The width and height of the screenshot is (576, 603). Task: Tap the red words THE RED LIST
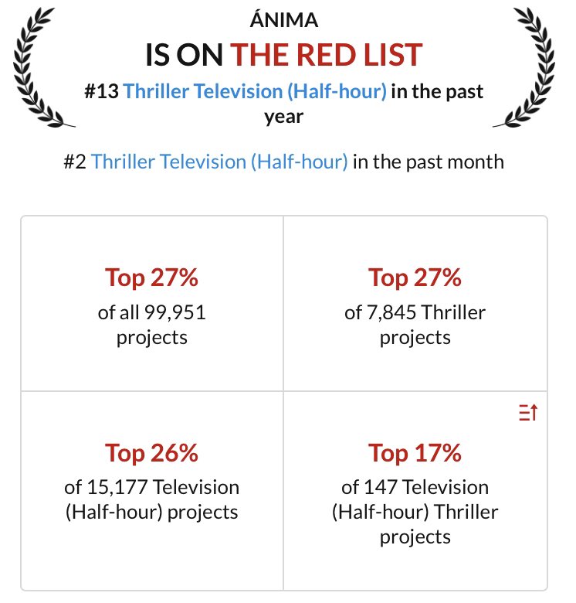pos(327,54)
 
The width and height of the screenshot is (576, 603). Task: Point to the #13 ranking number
pos(101,91)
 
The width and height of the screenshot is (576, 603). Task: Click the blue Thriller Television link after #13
pos(255,91)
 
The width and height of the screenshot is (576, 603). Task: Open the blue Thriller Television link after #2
pos(219,162)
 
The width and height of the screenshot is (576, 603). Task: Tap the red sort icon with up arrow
pos(528,414)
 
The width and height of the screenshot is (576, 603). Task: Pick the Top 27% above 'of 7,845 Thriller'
pos(415,278)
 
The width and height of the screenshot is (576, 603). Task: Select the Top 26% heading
pos(151,453)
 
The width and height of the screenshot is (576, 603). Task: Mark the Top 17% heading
pos(415,453)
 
